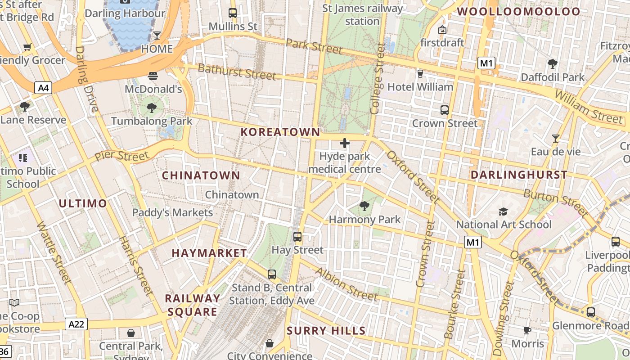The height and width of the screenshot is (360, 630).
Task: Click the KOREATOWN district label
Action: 280,132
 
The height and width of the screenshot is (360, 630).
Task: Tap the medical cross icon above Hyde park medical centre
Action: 345,143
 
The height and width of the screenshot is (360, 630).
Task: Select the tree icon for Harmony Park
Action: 364,206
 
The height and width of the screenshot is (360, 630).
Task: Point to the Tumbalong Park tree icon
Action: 152,108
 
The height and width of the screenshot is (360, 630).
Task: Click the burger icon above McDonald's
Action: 153,76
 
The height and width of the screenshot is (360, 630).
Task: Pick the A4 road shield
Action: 43,88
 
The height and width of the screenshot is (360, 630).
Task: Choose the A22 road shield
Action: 76,324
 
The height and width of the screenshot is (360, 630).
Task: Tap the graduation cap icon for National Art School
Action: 503,211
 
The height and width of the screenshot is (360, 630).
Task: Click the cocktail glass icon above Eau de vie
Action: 556,138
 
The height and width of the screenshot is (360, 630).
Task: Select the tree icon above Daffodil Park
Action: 552,64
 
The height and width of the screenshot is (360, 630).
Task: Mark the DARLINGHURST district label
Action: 519,175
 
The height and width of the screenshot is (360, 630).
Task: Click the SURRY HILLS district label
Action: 326,331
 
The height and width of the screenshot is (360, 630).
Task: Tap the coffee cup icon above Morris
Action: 527,331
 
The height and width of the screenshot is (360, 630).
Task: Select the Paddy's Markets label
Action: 172,212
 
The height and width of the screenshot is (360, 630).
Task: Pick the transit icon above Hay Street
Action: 297,236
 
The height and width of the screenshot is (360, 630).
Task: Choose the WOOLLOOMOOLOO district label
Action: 519,12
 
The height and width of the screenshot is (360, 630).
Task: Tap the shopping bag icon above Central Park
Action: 130,333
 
